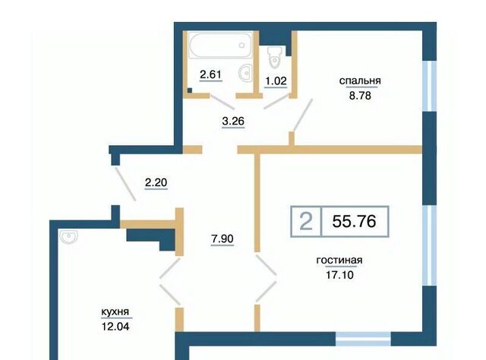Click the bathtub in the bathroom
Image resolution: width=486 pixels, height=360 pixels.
click(221, 46)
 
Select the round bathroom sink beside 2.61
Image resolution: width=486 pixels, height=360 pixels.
click(246, 73)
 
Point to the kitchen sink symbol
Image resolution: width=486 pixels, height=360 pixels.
click(68, 237)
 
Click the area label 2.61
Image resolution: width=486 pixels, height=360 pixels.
click(211, 74)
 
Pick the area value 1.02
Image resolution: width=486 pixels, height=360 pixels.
click(276, 81)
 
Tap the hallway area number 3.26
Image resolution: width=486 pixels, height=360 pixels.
click(233, 121)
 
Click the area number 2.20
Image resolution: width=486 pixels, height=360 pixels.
click(156, 182)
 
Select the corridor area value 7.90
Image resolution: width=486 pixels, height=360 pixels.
click(222, 238)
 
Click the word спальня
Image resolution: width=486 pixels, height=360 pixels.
click(360, 81)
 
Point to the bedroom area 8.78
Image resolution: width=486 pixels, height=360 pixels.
click(360, 96)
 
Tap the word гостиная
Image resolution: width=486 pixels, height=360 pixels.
click(339, 261)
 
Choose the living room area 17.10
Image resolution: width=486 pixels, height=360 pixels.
click(339, 275)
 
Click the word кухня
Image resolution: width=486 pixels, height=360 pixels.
click(115, 312)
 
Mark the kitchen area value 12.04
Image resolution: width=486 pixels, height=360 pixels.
click(115, 326)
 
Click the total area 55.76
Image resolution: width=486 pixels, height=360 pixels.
click(355, 221)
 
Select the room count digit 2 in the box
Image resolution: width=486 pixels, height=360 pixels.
click(306, 222)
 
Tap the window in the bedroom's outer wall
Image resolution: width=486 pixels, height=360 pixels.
click(430, 86)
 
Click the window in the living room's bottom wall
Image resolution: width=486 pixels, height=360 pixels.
click(363, 339)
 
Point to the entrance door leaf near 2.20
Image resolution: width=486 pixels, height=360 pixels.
click(125, 184)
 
